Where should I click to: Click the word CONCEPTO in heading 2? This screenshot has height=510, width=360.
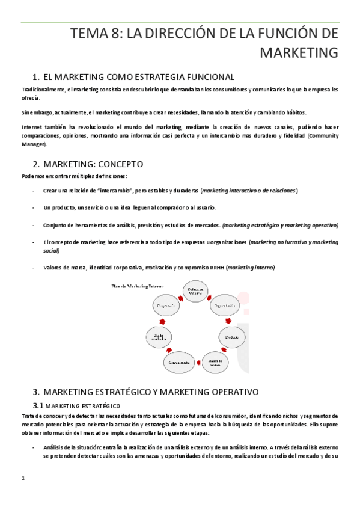[x=118, y=164]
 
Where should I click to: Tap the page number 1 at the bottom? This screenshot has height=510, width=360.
[x=23, y=478]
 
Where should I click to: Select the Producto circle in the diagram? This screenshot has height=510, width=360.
[x=233, y=337]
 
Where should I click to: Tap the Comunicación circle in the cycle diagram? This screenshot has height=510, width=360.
[x=178, y=363]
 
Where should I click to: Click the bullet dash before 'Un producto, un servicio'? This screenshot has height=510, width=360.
[x=33, y=207]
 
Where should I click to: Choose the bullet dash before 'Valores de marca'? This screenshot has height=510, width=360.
[x=33, y=268]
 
